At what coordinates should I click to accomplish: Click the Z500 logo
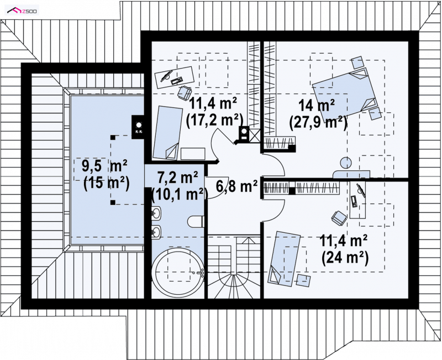click(22, 11)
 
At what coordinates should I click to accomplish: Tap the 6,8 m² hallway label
click(237, 186)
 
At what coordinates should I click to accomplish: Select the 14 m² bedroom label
click(316, 106)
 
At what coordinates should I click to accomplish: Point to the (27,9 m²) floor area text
click(318, 122)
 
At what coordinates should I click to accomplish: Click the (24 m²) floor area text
click(345, 258)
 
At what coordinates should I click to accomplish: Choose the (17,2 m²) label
click(214, 120)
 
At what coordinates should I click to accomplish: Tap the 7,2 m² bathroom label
click(177, 178)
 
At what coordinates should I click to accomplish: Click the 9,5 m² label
click(104, 166)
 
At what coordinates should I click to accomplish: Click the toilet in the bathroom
click(196, 221)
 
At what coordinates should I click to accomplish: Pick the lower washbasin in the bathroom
click(156, 232)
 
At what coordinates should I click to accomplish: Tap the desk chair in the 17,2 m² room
click(185, 93)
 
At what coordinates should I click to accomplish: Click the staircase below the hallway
click(234, 267)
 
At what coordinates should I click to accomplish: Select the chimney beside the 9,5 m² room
click(139, 127)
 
